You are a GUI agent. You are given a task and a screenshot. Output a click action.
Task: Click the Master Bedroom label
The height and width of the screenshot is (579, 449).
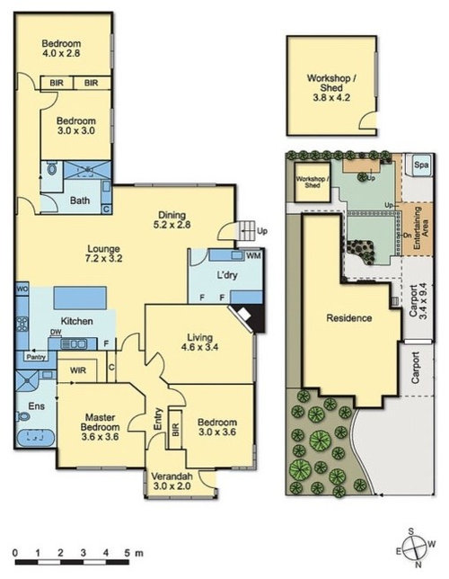coord(101,423)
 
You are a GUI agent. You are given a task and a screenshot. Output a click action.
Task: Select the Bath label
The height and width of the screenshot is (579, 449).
coord(80,200)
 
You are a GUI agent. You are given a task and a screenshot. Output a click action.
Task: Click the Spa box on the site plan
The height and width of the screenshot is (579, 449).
coord(420,165)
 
